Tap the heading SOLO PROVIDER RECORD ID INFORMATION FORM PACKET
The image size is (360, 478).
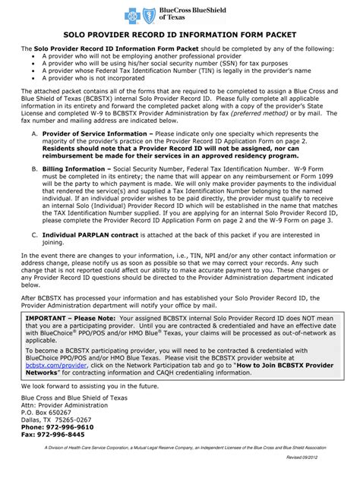(x=179, y=35)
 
